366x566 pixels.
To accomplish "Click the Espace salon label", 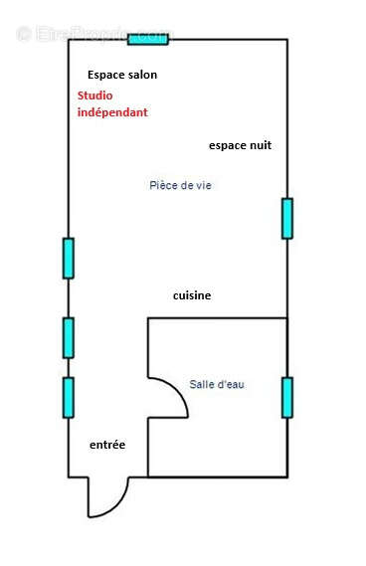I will [122, 75].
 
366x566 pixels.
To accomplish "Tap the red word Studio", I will [95, 95].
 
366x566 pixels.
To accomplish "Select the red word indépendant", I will [112, 112].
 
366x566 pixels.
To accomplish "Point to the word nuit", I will [258, 145].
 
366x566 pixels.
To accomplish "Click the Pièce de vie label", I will [180, 185].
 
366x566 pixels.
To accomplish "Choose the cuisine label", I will [192, 295].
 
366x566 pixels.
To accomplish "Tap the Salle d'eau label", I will [217, 384].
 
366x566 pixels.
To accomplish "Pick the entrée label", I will [107, 445].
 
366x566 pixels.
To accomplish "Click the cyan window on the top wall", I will [148, 39].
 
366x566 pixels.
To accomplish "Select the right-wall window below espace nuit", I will [287, 218].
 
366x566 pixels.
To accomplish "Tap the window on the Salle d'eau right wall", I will [287, 397].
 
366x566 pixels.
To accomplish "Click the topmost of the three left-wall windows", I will [69, 258].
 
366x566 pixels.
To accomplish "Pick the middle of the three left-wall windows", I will [69, 337].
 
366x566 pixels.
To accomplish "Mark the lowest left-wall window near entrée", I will [69, 397].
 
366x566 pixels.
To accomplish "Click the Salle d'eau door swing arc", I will [175, 398].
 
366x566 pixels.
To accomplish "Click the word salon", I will [140, 75].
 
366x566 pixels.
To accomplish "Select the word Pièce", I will [162, 185].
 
